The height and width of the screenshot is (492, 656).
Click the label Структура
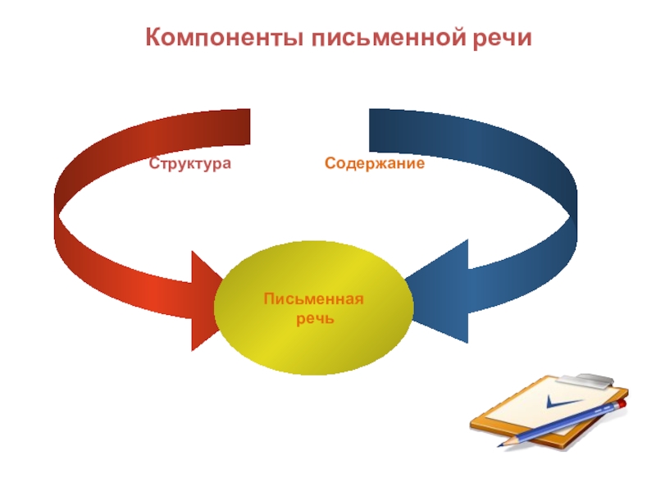pos(190,164)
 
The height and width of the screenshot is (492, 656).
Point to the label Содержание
pos(374,164)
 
